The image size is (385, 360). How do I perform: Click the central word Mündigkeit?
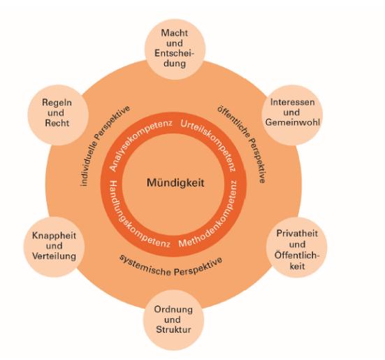click(x=175, y=183)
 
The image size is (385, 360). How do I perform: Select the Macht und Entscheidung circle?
click(x=175, y=49)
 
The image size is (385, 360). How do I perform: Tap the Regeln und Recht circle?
click(x=58, y=115)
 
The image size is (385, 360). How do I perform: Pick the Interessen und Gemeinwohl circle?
click(x=292, y=115)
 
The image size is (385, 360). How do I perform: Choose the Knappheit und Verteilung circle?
click(x=54, y=247)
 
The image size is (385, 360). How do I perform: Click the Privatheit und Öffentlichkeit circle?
click(x=296, y=247)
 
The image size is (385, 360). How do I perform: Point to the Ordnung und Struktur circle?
click(x=173, y=319)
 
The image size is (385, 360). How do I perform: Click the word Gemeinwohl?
click(x=293, y=122)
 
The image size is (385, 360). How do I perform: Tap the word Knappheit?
click(x=54, y=236)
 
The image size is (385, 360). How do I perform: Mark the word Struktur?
click(x=173, y=329)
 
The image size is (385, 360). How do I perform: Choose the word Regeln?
click(x=57, y=103)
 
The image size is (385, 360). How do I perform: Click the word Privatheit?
click(x=297, y=233)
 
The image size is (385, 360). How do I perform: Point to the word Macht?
click(x=174, y=33)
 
